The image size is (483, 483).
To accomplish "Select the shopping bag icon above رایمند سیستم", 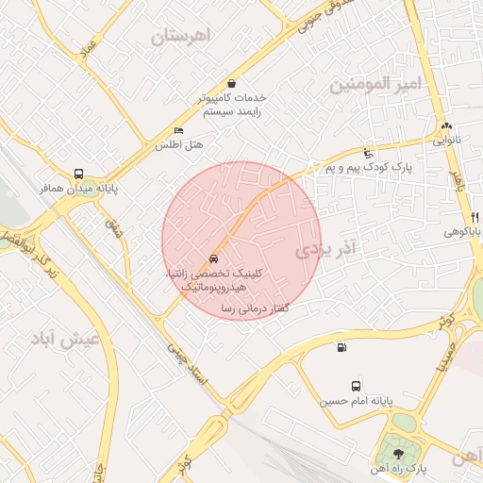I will [x=231, y=83].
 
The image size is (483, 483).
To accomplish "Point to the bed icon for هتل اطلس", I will [x=179, y=130].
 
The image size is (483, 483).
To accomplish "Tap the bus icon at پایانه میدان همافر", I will [x=78, y=175].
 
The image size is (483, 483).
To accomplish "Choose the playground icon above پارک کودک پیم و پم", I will [x=368, y=154].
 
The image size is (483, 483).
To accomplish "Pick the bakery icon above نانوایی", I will [x=446, y=125].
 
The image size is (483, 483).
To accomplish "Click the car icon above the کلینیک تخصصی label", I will [x=214, y=258].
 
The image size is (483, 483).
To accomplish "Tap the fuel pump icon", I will [x=341, y=346].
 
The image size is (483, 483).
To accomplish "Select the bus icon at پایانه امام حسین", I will [x=356, y=386].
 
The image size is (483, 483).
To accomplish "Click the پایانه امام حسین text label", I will [x=355, y=401].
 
